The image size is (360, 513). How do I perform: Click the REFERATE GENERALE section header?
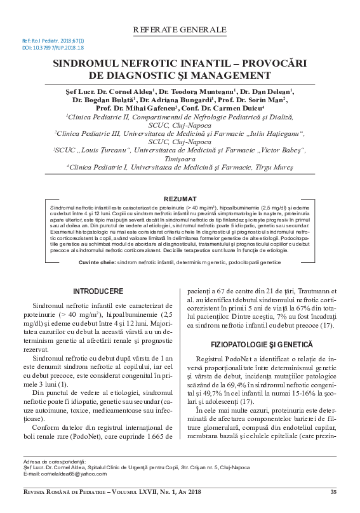point(180,30)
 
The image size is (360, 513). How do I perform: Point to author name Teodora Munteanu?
point(201,91)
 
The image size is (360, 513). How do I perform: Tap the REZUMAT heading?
point(180,199)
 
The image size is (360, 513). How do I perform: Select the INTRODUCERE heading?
point(98,273)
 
